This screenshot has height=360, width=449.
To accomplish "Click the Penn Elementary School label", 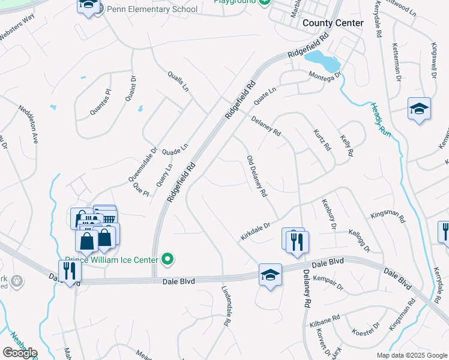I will [x=151, y=9].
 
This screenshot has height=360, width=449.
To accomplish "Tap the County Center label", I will [x=333, y=23].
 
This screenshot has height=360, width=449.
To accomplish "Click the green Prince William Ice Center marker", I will [x=169, y=260].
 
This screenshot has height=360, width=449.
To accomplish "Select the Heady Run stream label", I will [x=381, y=120].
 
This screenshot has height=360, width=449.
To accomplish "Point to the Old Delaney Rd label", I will [x=256, y=176].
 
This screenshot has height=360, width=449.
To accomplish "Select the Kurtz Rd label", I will [x=322, y=139].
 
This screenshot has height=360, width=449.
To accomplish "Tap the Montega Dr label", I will [x=325, y=75].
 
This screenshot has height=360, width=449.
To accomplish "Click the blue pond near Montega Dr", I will [x=322, y=61].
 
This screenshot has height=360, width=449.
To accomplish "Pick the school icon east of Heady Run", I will [x=419, y=109].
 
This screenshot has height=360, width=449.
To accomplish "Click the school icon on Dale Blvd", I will [x=270, y=275].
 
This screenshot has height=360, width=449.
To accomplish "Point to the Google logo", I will [x=19, y=353].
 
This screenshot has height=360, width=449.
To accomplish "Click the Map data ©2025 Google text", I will [x=411, y=355].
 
